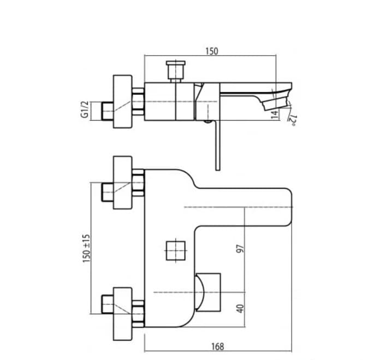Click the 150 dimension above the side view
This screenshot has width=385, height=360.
pos(211,51)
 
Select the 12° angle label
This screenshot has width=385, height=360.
pos(293,120)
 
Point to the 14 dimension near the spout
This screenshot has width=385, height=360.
pos(274,114)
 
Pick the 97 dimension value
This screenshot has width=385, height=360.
pos(239,249)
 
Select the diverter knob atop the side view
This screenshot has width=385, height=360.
pos(175,70)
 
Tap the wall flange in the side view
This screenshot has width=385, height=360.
pos(122,101)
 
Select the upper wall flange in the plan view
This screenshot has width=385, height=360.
pos(122,182)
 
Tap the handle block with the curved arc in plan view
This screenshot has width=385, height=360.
pos(208,292)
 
